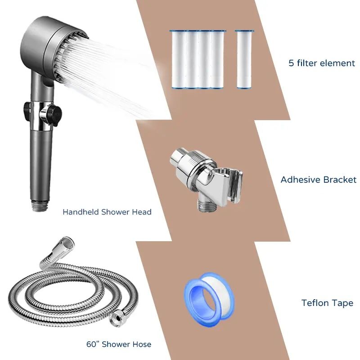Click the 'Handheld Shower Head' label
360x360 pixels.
(107, 211)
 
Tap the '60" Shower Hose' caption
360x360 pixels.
(119, 344)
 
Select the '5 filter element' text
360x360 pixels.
(322, 63)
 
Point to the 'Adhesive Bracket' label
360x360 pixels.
(319, 180)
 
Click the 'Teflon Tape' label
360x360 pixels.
(327, 303)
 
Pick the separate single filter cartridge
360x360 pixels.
(244, 59)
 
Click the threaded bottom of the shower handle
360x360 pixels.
(40, 205)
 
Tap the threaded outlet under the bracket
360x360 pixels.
(207, 203)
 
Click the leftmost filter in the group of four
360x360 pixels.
(180, 59)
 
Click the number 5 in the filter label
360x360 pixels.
(291, 63)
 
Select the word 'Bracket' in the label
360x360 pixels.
(340, 180)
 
